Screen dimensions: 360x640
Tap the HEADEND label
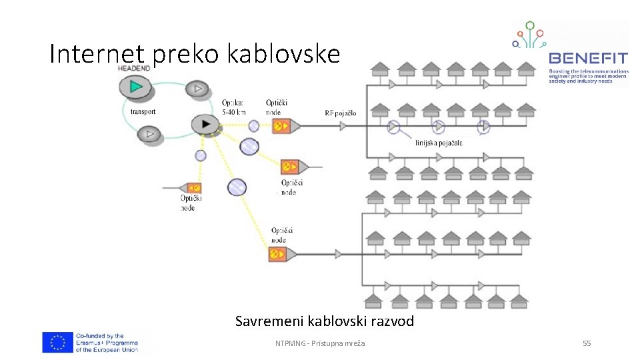(133, 69)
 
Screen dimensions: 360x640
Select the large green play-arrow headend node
(136, 86)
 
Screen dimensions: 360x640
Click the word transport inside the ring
(143, 112)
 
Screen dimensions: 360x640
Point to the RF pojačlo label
(341, 113)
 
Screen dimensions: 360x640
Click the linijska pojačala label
(438, 143)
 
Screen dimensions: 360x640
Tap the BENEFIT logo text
(587, 59)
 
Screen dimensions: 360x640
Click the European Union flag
(57, 343)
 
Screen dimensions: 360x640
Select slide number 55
(587, 343)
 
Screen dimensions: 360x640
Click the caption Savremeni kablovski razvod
(324, 321)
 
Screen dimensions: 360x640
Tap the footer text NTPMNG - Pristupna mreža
(325, 343)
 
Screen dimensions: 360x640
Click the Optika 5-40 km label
(234, 107)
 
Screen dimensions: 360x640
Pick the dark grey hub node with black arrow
(205, 124)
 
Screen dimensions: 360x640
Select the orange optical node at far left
(193, 188)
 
